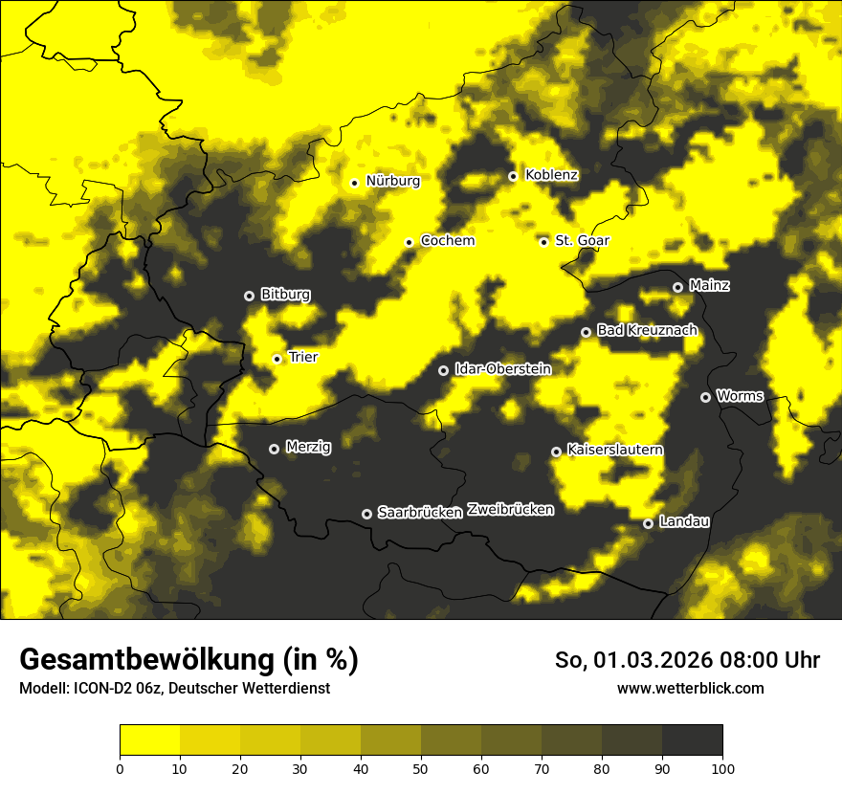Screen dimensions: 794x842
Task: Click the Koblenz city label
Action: click(551, 175)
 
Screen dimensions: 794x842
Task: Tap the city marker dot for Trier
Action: click(277, 359)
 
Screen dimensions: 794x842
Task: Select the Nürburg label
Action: click(392, 181)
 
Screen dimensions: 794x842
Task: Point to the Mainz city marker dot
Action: click(678, 287)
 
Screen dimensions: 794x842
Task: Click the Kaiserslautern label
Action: click(614, 450)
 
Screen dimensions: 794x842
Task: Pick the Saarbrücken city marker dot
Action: click(366, 514)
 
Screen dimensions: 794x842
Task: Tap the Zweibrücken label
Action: click(510, 510)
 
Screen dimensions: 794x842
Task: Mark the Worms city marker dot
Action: click(706, 397)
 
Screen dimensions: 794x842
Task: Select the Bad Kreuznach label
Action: click(647, 330)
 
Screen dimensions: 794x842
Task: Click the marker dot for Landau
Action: click(649, 523)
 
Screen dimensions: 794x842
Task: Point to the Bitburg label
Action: click(285, 295)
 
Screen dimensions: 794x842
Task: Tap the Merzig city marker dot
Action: click(274, 449)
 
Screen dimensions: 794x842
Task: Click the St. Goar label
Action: click(582, 240)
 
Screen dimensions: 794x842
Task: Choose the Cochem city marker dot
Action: click(410, 242)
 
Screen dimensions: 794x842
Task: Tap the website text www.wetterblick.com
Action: click(690, 688)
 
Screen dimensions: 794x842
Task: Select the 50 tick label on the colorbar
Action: click(421, 768)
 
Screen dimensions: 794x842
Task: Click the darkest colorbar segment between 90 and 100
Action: click(692, 739)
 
